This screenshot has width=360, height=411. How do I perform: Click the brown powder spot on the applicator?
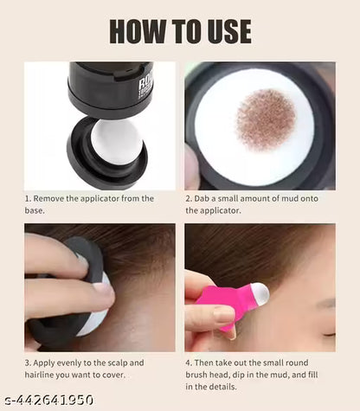[x=266, y=119]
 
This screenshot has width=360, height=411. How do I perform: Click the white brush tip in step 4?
[x=257, y=298]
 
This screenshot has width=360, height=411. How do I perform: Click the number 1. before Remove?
[x=29, y=199]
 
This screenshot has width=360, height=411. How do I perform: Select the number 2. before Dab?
[x=190, y=199]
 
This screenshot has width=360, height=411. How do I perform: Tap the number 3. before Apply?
[x=29, y=364]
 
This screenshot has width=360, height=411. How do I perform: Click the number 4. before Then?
[x=190, y=364]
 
